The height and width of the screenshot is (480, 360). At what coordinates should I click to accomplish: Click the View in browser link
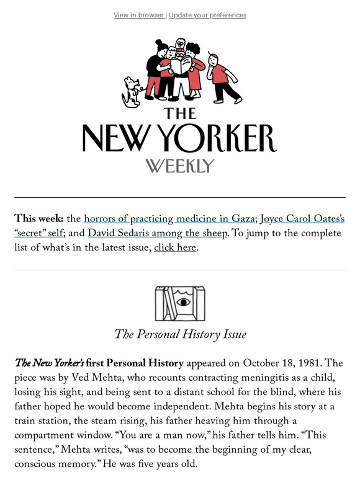(139, 15)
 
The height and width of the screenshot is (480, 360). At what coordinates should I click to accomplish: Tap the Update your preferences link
(207, 15)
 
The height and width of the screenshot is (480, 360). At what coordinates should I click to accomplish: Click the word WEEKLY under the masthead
(180, 166)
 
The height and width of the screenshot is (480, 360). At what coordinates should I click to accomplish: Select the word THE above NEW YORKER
(180, 113)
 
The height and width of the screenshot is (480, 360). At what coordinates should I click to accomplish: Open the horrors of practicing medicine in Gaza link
(169, 218)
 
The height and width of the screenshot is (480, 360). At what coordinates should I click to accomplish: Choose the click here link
(175, 248)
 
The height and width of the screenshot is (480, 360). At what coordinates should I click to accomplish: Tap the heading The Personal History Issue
(180, 335)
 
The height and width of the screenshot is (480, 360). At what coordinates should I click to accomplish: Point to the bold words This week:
(39, 218)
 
